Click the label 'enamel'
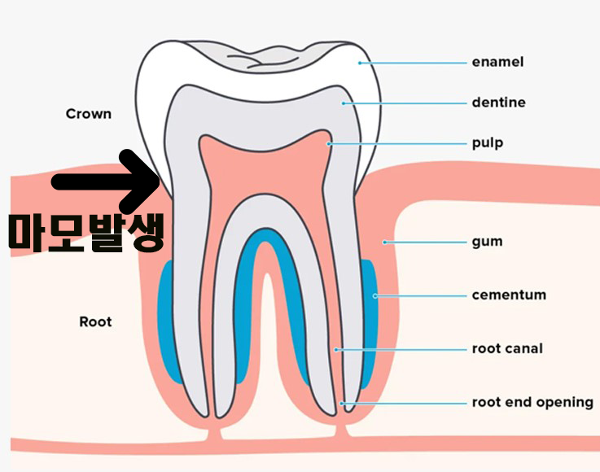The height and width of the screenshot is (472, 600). coord(497,62)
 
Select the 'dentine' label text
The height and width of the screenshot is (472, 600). coord(498,103)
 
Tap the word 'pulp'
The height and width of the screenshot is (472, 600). coord(488,143)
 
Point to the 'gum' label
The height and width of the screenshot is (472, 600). coord(487,242)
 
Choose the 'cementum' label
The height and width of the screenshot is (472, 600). coord(509,295)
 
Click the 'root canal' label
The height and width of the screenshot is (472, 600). coord(507,349)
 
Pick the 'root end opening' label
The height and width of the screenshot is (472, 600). coord(532,403)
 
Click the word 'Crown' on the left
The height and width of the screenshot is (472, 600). coord(88,114)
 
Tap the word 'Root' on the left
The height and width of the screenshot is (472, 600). coord(95,322)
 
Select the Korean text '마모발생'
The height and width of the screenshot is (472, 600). coord(87,231)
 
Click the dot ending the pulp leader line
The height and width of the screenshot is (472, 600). coord(329,143)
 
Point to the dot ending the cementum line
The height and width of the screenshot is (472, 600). coord(375,295)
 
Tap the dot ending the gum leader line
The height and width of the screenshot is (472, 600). coord(385,242)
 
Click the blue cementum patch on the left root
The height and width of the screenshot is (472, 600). coord(169,321)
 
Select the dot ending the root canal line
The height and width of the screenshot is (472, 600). coord(335,349)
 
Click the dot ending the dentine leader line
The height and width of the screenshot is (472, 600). coord(344,103)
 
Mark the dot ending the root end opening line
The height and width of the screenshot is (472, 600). coord(343,403)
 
